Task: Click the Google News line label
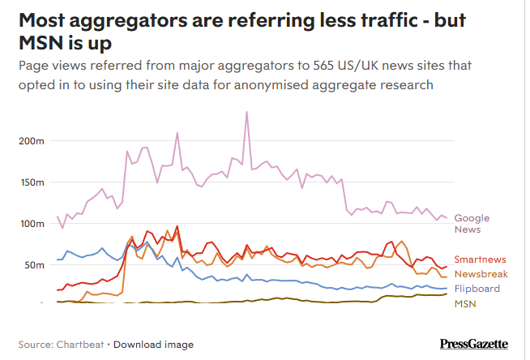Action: (x=472, y=223)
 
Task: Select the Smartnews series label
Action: (x=481, y=259)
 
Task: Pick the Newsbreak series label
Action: (x=481, y=274)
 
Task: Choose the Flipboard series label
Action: (x=477, y=289)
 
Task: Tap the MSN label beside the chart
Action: (x=465, y=303)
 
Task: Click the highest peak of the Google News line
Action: (x=246, y=112)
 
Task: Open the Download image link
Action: (x=153, y=345)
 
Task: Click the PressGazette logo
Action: (x=474, y=344)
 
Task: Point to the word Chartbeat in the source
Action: (x=79, y=345)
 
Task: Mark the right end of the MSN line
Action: (x=447, y=294)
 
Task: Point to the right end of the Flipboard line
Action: (x=447, y=289)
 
